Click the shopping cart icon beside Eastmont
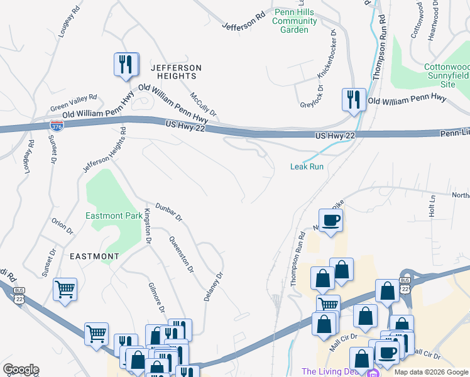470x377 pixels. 65,290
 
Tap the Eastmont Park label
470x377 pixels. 114,216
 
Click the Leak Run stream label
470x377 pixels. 307,167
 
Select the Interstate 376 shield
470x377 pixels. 56,126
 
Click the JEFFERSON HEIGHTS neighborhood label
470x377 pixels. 176,72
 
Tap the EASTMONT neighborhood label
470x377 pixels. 94,256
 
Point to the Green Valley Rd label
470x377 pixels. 74,101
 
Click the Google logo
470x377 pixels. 20,369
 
